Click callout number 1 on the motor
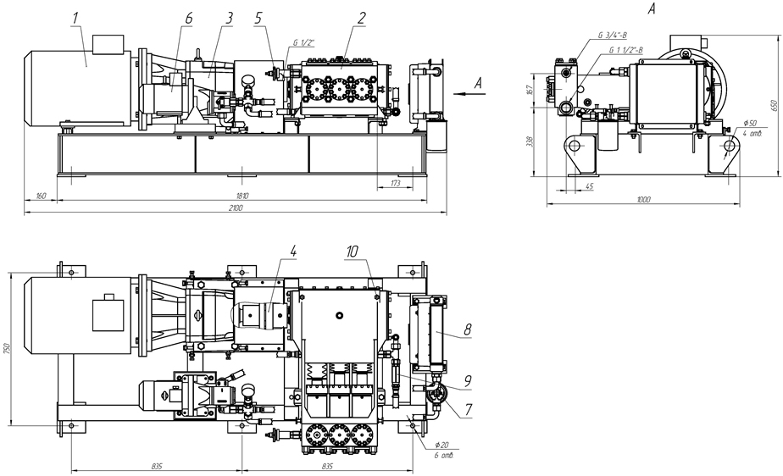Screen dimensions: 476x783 (x=75, y=17)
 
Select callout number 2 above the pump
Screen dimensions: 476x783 (x=361, y=17)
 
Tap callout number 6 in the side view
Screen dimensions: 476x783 (x=188, y=17)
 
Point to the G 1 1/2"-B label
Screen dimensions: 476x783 (x=628, y=51)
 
